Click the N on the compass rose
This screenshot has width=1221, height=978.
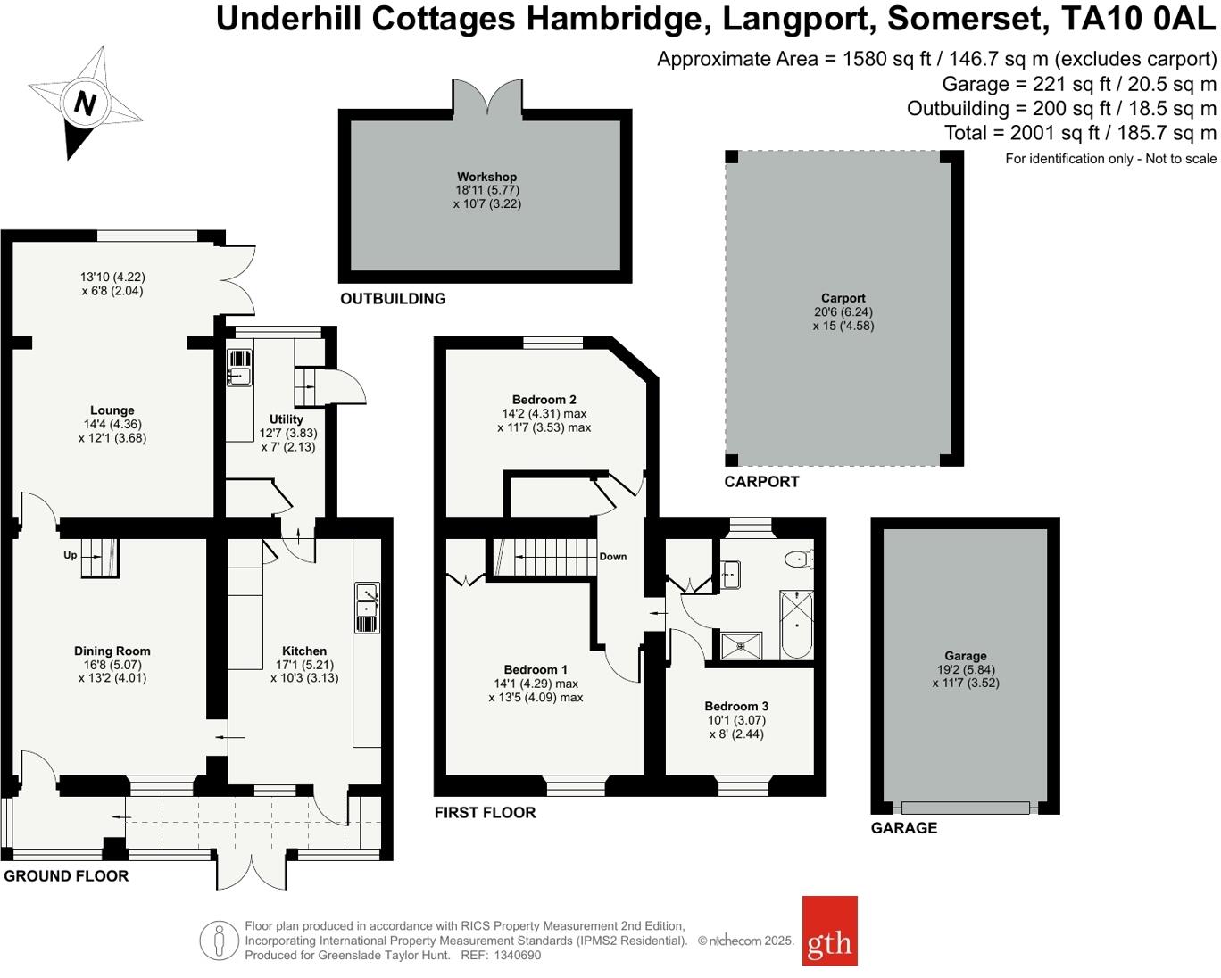click(x=85, y=104)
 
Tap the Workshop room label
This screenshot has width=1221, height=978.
click(x=486, y=177)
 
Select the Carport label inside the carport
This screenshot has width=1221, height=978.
click(x=843, y=298)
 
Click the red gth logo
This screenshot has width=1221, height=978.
click(x=829, y=931)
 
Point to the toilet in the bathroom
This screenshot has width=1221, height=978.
click(x=797, y=559)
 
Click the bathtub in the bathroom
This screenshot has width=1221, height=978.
click(x=796, y=625)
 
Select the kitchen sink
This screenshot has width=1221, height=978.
click(x=367, y=607)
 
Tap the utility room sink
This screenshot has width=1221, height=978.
click(x=239, y=367)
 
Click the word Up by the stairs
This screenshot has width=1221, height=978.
click(x=71, y=555)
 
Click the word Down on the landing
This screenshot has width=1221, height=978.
click(x=613, y=556)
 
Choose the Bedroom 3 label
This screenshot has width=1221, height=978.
click(x=736, y=706)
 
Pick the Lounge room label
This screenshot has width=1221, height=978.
click(x=112, y=410)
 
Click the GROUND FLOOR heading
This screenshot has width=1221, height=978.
click(x=66, y=875)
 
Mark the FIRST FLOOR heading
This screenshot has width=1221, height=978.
click(x=485, y=812)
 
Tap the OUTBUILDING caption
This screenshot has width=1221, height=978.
click(x=393, y=298)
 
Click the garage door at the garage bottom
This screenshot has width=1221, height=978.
click(x=965, y=808)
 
